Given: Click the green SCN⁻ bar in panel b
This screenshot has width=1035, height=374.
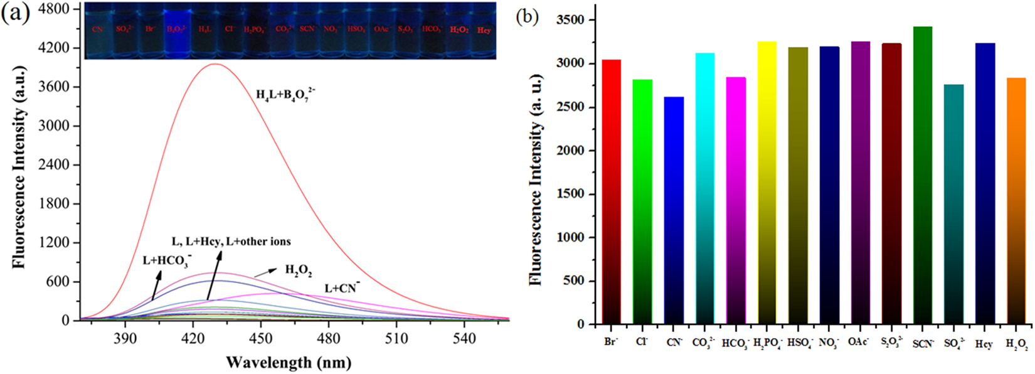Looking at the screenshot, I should (x=922, y=176).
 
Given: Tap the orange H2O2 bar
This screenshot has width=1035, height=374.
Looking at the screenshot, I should (x=1016, y=201).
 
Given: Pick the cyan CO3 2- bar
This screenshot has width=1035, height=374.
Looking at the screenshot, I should (x=704, y=188).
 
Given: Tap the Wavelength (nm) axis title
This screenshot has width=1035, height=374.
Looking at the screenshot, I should (x=289, y=362).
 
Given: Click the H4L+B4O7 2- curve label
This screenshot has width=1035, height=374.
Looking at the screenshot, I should (x=285, y=95).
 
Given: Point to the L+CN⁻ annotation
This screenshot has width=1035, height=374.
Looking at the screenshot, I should (x=342, y=289).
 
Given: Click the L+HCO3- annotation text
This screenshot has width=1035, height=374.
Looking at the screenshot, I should (x=167, y=260).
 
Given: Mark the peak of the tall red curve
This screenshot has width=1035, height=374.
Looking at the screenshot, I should (x=215, y=63).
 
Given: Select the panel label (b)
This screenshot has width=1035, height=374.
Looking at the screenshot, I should (x=527, y=16).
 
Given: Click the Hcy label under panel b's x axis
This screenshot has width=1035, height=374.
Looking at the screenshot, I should (x=984, y=345).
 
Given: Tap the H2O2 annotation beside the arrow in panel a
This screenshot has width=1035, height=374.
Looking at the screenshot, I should (x=299, y=270).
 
